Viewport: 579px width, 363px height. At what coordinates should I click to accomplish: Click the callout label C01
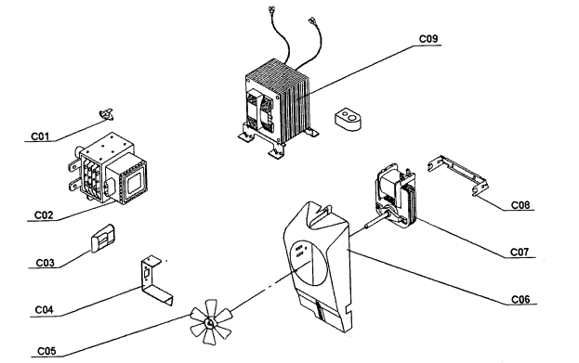tap(40, 136)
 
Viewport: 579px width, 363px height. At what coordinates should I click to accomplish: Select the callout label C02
tap(44, 215)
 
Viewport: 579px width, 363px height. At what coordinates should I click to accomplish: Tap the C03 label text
tap(45, 263)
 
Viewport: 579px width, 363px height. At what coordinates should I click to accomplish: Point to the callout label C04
tap(44, 310)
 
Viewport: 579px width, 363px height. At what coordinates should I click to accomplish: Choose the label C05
tap(46, 351)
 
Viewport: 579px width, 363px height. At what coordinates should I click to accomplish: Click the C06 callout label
tap(520, 299)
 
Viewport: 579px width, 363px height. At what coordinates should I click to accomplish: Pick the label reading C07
tap(520, 252)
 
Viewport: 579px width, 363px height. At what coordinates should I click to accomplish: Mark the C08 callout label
tap(520, 205)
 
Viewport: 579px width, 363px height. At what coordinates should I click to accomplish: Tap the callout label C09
tap(428, 39)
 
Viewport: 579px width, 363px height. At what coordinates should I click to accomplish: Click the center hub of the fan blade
tap(209, 323)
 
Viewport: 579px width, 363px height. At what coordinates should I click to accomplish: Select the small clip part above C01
tap(107, 114)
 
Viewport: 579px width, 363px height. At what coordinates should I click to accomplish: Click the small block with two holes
tap(349, 119)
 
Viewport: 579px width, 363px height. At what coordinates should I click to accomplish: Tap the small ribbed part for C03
tap(103, 238)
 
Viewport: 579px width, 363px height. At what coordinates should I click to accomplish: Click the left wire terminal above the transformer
tap(271, 8)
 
